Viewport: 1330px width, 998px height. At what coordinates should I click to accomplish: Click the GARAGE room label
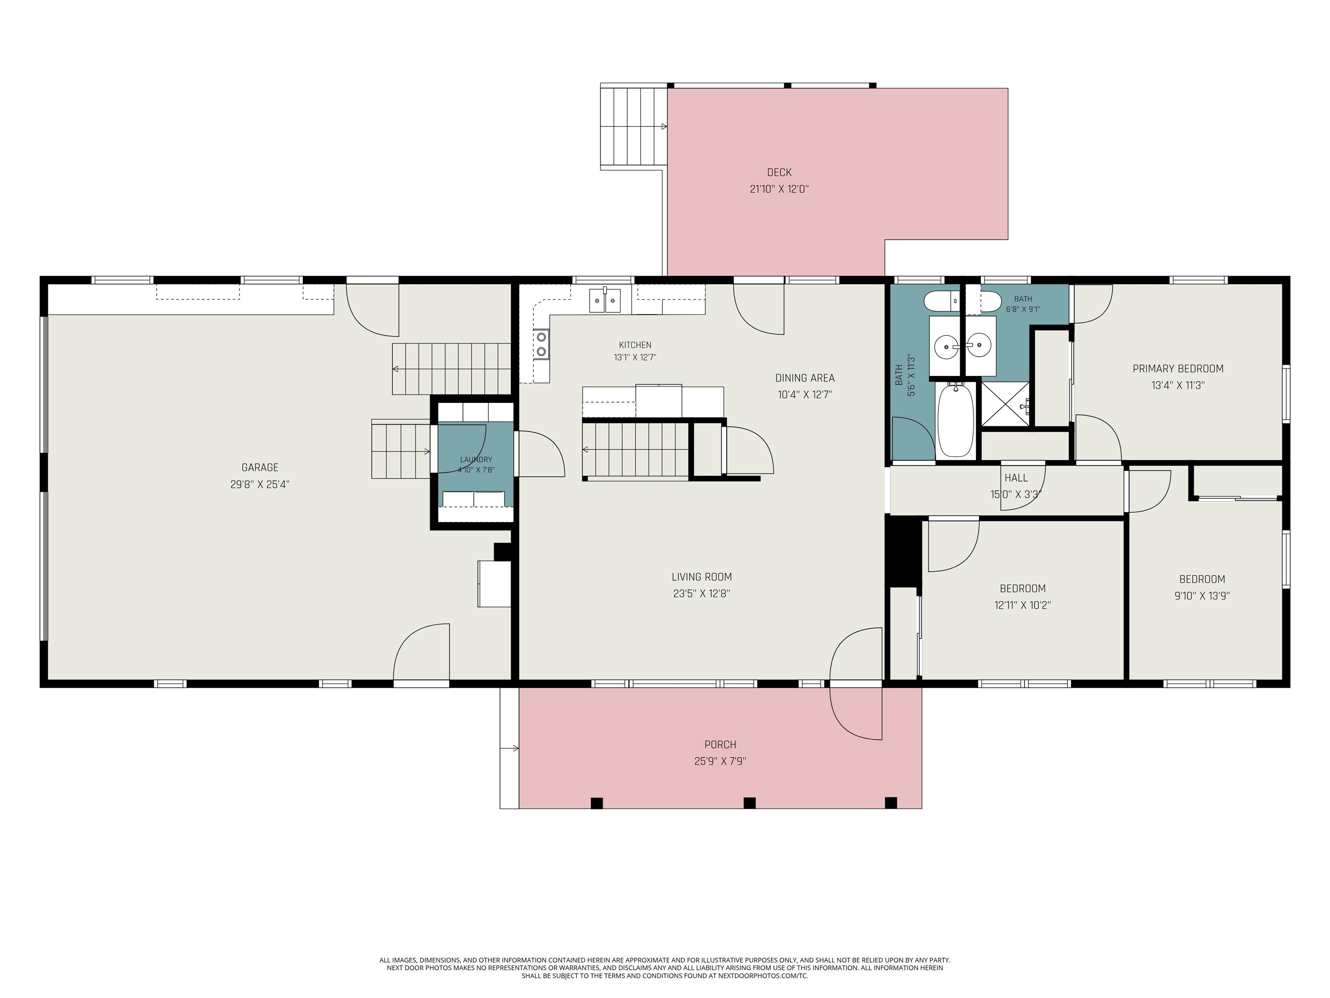(x=260, y=467)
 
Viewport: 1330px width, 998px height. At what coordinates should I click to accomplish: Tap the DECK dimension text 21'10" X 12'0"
(x=779, y=189)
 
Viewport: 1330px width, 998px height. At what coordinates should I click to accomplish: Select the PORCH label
(x=720, y=745)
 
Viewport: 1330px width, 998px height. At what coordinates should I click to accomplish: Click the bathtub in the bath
(x=956, y=421)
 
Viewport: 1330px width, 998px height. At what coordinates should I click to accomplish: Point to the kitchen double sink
(x=605, y=300)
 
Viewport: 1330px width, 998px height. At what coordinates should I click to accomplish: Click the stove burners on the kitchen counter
(x=541, y=344)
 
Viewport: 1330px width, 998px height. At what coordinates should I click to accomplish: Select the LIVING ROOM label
(x=702, y=577)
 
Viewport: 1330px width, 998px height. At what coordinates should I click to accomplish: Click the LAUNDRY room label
(x=476, y=460)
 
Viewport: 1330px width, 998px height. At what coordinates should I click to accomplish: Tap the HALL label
(x=1016, y=478)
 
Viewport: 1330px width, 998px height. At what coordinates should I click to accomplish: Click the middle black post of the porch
(x=749, y=803)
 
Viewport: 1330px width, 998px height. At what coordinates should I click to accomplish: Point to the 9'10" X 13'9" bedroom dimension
(x=1202, y=596)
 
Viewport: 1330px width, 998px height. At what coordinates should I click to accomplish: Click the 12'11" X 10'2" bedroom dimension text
(x=1022, y=605)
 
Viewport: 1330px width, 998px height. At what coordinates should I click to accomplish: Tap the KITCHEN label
(x=635, y=345)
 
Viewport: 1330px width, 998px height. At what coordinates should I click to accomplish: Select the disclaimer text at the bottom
(x=665, y=968)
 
